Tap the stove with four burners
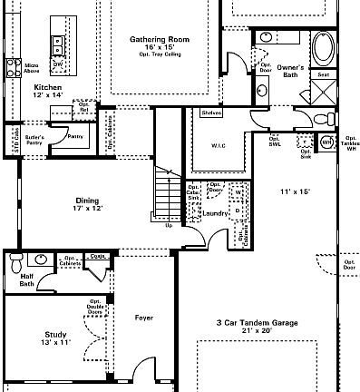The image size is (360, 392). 14,65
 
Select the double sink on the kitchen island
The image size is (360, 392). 57,44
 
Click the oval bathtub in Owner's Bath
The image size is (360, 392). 324,46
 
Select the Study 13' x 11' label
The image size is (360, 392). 55,338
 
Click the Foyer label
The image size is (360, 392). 143,318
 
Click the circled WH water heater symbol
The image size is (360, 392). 326,142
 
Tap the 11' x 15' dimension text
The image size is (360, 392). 295,191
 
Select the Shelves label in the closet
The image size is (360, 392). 212,113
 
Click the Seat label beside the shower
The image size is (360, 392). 323,75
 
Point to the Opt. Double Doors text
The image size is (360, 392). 94,309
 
